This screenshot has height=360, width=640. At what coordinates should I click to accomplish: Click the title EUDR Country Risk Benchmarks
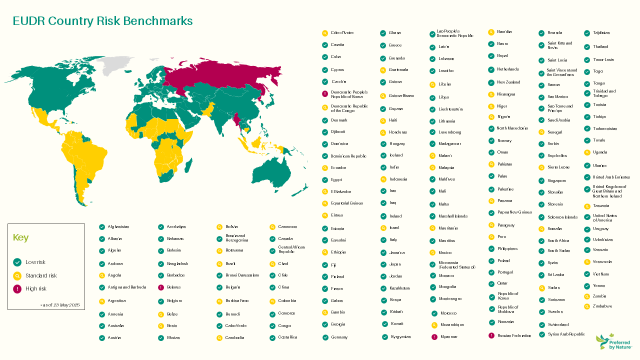click(x=102, y=21)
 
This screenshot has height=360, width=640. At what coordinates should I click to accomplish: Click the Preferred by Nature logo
click(x=614, y=342)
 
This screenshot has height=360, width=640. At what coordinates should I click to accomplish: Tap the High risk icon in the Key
click(x=17, y=288)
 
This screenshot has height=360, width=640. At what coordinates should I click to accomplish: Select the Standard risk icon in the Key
click(x=17, y=275)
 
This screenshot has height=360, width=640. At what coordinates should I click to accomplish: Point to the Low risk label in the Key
click(x=35, y=262)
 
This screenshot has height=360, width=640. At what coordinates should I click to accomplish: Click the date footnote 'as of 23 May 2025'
click(x=60, y=304)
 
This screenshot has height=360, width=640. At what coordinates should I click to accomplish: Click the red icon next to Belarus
click(x=161, y=287)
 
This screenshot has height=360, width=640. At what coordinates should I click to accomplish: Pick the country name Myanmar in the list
click(x=448, y=337)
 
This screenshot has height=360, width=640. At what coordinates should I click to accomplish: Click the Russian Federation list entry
click(x=514, y=335)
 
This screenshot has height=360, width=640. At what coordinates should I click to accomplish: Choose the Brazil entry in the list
click(x=230, y=263)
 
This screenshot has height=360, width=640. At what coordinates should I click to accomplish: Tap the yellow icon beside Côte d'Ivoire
click(x=325, y=33)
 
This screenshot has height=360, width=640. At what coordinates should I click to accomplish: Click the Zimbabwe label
click(x=602, y=306)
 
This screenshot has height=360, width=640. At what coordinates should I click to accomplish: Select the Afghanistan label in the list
click(x=118, y=227)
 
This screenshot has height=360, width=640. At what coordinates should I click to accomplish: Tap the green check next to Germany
click(x=325, y=337)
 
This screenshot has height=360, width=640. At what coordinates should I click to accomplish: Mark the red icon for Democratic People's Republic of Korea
click(x=325, y=94)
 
